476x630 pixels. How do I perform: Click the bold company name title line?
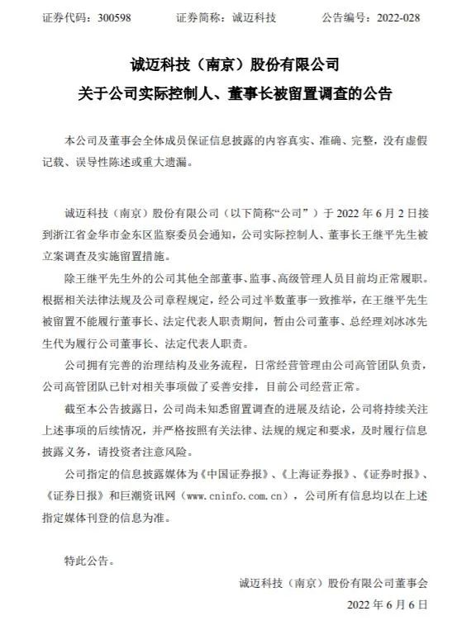(x=237, y=64)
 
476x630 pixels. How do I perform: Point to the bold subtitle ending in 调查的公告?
(x=237, y=94)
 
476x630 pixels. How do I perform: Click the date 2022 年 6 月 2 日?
(x=381, y=211)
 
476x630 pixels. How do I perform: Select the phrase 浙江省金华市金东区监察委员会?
(x=127, y=233)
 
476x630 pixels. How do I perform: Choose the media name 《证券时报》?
(x=397, y=476)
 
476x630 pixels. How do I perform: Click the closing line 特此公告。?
(x=88, y=562)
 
